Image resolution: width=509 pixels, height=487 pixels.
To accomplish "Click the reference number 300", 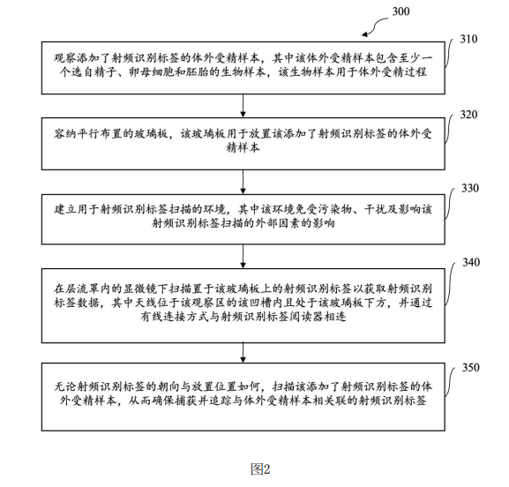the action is [400, 11].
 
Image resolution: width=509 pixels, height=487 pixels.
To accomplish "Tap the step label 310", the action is [468, 40].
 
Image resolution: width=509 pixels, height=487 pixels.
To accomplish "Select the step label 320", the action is [468, 115].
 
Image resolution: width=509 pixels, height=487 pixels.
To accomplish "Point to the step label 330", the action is [470, 188].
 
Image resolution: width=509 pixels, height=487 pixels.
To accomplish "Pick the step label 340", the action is [471, 262].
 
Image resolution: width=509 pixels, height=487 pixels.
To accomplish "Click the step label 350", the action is [471, 368].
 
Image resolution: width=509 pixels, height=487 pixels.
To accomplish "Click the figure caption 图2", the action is [260, 468].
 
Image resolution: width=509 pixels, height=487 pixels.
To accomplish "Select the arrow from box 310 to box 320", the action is [243, 106].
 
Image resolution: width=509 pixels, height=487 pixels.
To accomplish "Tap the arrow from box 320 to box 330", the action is [243, 182].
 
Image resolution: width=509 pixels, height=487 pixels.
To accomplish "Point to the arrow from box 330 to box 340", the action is [243, 257].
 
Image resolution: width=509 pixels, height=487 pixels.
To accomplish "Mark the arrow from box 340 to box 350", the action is [243, 353].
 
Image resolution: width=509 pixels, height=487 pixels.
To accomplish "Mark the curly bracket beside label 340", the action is [450, 283].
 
